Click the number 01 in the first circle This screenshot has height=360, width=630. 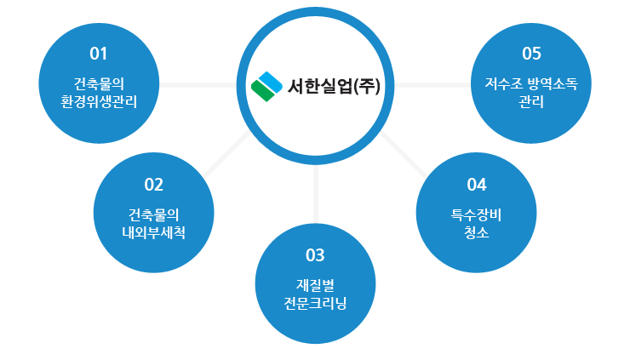(99, 54)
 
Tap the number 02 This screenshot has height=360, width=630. (153, 185)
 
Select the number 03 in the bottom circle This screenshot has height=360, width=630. (315, 255)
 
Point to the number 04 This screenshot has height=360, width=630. (477, 185)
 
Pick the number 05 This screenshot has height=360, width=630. (531, 54)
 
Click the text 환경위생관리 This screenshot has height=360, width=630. (99, 101)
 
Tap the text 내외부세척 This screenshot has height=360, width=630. (153, 232)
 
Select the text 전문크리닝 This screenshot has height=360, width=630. (315, 303)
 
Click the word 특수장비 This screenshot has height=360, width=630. (476, 215)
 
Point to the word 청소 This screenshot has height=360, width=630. (476, 232)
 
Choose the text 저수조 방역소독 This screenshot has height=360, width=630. (531, 84)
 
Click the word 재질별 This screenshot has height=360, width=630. (315, 285)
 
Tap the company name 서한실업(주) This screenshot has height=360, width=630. (334, 86)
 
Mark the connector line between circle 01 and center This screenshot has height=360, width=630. (198, 85)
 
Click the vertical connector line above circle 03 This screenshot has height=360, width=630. (316, 194)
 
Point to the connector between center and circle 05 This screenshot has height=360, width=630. (432, 85)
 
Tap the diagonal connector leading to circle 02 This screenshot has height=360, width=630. (226, 154)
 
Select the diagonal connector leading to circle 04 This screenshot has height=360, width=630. (404, 154)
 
